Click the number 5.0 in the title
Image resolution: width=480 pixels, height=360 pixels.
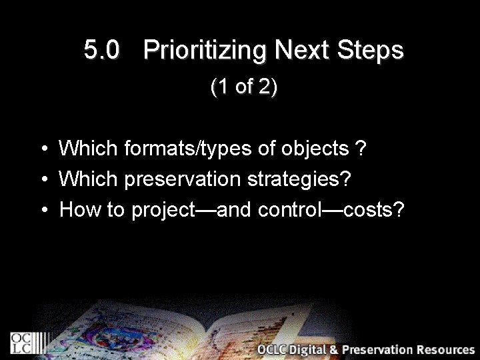point(103,51)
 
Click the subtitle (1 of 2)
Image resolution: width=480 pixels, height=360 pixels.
point(243,87)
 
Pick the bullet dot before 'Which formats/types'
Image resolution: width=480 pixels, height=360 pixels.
point(42,149)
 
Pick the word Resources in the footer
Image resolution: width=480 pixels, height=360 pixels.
point(447,350)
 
